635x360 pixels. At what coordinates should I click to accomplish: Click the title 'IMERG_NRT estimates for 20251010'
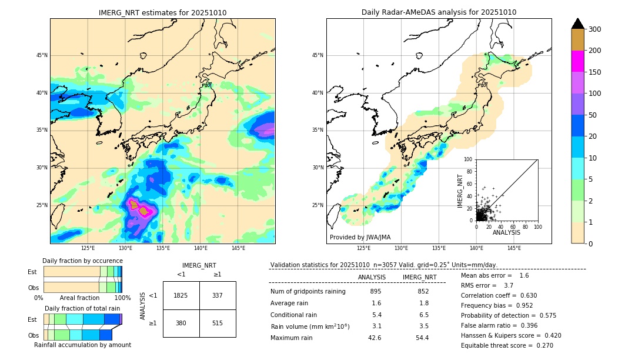162,12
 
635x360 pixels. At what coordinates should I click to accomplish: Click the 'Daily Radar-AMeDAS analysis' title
439,12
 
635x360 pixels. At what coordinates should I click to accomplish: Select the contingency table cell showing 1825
181,295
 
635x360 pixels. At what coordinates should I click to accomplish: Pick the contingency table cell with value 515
218,323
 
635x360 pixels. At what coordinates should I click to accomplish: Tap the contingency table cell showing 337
218,295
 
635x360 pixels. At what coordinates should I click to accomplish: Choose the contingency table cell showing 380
181,323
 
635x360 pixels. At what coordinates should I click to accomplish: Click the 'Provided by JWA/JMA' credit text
360,238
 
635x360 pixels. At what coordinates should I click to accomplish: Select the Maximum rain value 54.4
422,338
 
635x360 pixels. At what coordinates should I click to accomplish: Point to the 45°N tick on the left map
42,55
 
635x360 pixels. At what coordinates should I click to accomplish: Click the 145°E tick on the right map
514,248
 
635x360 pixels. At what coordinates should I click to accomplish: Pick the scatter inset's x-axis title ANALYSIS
506,232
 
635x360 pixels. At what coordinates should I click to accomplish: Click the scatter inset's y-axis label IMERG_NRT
461,190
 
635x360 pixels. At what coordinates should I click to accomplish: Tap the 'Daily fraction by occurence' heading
81,261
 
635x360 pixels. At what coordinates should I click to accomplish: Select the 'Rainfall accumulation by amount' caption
82,345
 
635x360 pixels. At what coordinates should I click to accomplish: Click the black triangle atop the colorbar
578,24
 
